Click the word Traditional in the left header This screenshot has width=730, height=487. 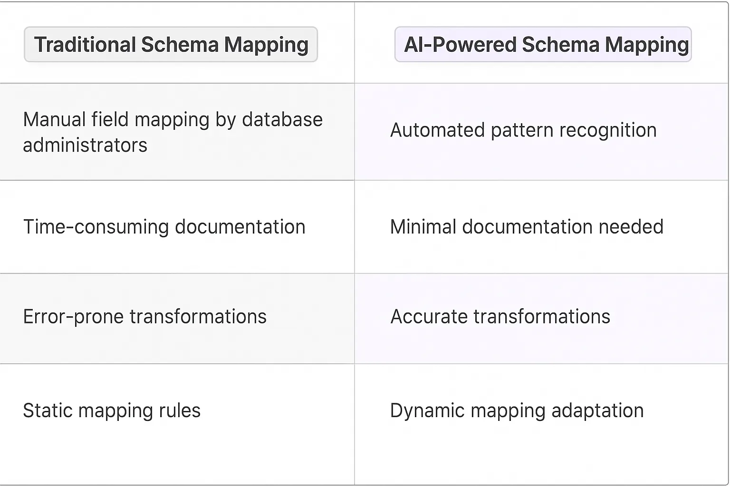(85, 45)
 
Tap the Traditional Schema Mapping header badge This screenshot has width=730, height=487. (171, 45)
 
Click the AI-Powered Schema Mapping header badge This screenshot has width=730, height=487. (543, 45)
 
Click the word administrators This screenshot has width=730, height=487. (85, 145)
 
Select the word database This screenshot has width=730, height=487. (282, 120)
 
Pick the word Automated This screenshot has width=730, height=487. (437, 130)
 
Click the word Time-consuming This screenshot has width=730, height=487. (96, 227)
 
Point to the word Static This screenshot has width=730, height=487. (48, 411)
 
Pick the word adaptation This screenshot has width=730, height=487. (597, 411)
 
